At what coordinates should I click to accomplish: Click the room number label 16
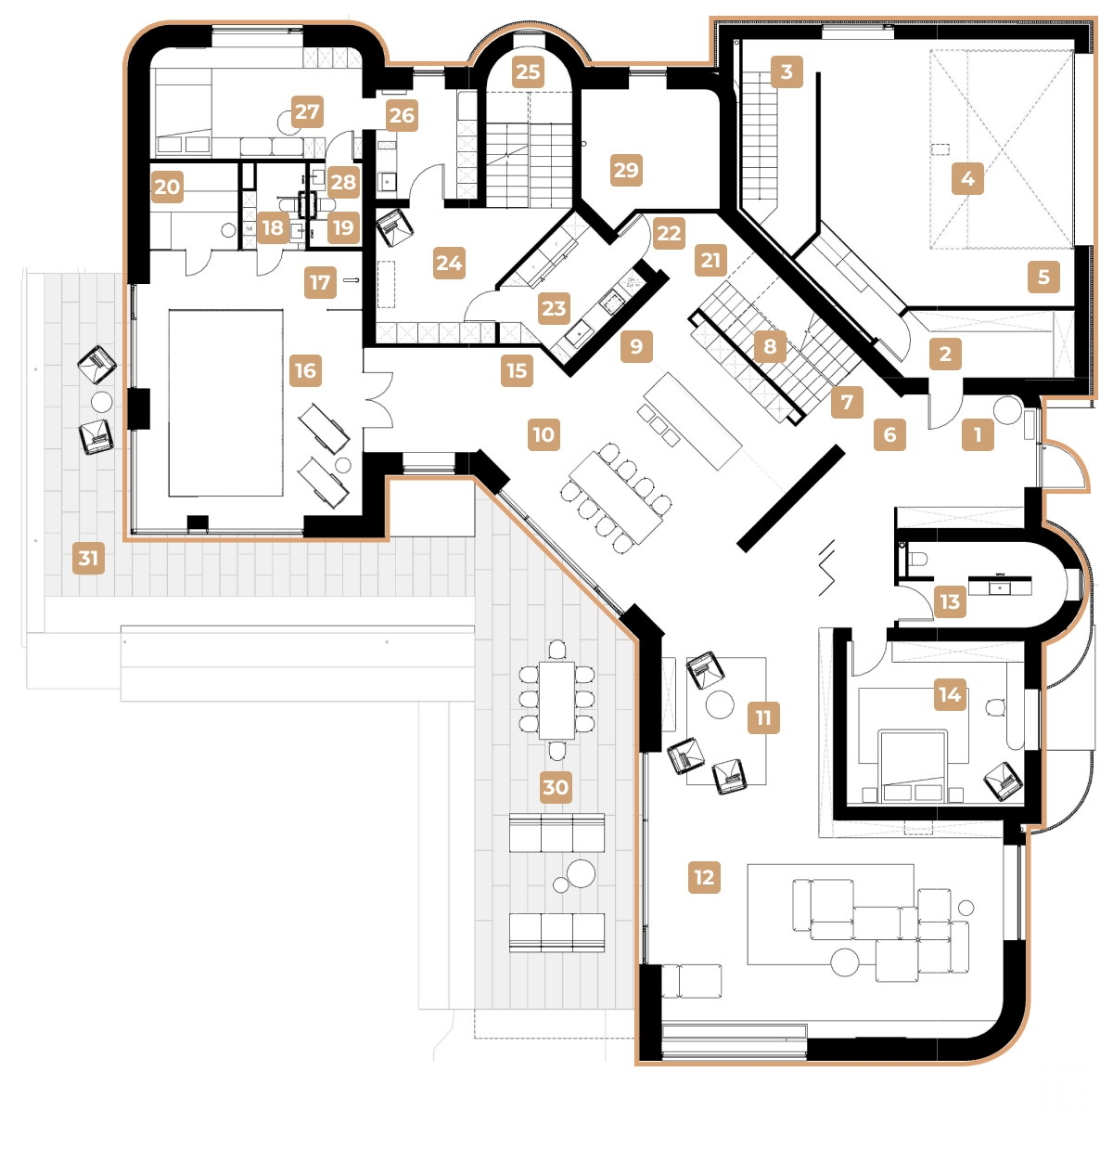tap(305, 370)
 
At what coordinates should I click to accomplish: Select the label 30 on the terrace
tap(556, 787)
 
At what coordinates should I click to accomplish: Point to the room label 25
tap(528, 71)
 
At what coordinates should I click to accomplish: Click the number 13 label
tap(950, 601)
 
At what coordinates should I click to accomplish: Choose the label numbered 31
tap(88, 558)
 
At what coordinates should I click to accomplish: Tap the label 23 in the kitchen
tap(554, 308)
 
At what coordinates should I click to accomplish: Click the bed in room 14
tap(914, 763)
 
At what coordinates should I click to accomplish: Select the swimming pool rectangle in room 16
tap(225, 403)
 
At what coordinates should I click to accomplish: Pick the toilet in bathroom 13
tap(916, 559)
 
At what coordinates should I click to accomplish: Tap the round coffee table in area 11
tap(720, 704)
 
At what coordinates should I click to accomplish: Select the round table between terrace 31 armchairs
tap(101, 402)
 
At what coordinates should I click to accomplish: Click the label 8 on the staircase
tap(770, 346)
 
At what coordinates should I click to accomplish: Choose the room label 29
tap(626, 170)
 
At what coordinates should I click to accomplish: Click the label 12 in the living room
tap(704, 877)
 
